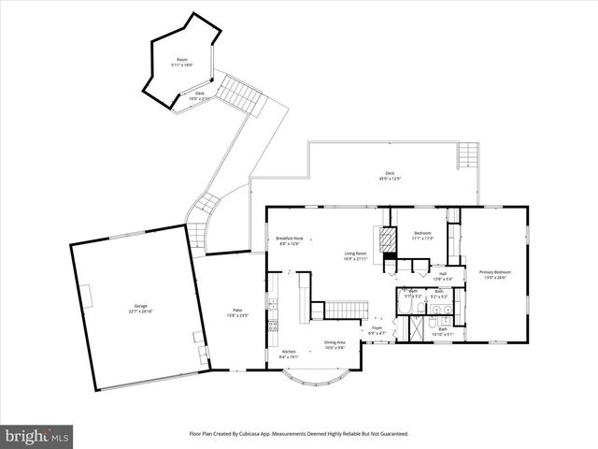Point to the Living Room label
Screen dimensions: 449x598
[x=355, y=255]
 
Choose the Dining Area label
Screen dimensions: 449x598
[x=335, y=344]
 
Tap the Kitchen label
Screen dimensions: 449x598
[x=289, y=354]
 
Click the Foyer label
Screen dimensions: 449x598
[x=377, y=330]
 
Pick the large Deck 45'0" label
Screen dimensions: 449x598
[x=390, y=176]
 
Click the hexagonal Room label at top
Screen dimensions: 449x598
[x=182, y=63]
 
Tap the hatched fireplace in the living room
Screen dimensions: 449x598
[x=381, y=236]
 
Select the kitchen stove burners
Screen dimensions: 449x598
[x=273, y=327]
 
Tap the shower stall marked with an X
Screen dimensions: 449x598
[x=412, y=329]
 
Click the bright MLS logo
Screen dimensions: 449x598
[x=37, y=436]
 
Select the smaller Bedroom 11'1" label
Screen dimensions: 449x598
[x=422, y=237]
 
